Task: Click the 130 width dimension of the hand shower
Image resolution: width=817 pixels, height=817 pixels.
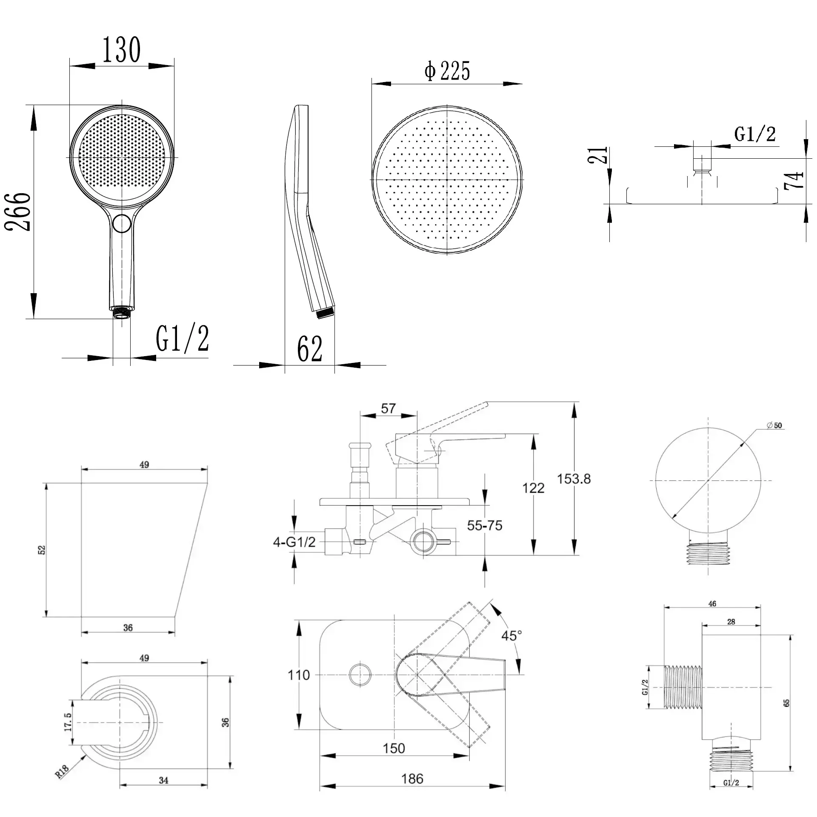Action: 121,50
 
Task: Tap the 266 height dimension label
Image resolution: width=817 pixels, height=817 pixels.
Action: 18,211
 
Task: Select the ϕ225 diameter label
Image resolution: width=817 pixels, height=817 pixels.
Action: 447,71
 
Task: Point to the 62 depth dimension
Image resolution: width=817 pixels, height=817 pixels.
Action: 309,349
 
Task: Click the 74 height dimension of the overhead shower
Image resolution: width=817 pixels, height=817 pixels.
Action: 794,180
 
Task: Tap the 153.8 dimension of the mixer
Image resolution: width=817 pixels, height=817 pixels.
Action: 574,479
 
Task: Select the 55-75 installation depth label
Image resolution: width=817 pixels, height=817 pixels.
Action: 485,525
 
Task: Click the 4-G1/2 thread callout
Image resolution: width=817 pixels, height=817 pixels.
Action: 294,542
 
